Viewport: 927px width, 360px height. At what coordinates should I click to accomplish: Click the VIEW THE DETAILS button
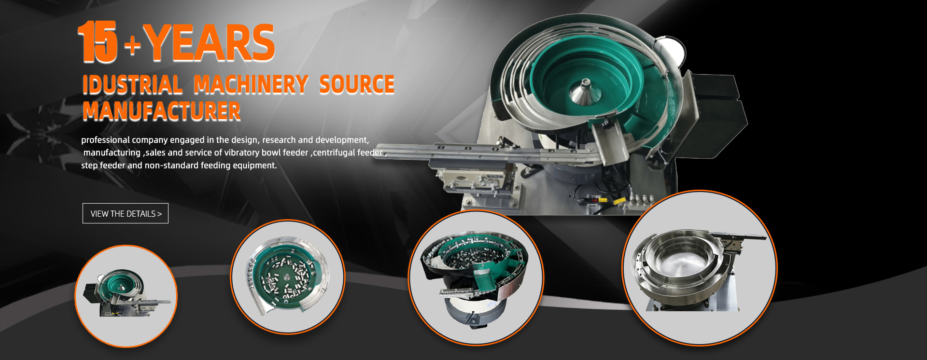coord(126,213)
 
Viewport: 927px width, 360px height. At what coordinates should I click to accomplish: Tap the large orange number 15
coord(98,42)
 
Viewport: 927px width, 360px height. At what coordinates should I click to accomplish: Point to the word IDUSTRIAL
coord(132,85)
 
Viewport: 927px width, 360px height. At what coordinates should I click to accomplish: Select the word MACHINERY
coord(251,84)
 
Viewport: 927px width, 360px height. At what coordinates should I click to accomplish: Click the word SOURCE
coord(357,84)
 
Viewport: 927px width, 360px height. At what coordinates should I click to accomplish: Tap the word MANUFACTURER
coord(162,111)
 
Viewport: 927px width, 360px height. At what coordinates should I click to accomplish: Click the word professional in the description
coord(106,140)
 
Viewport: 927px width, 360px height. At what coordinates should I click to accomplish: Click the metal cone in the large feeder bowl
coord(584,91)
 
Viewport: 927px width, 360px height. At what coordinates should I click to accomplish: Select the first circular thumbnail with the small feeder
coord(126,296)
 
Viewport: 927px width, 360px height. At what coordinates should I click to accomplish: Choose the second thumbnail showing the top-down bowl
coord(288,277)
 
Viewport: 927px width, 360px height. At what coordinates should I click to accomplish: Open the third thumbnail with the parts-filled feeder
coord(476,277)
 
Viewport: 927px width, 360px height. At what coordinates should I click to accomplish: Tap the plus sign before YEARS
coord(132,46)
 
